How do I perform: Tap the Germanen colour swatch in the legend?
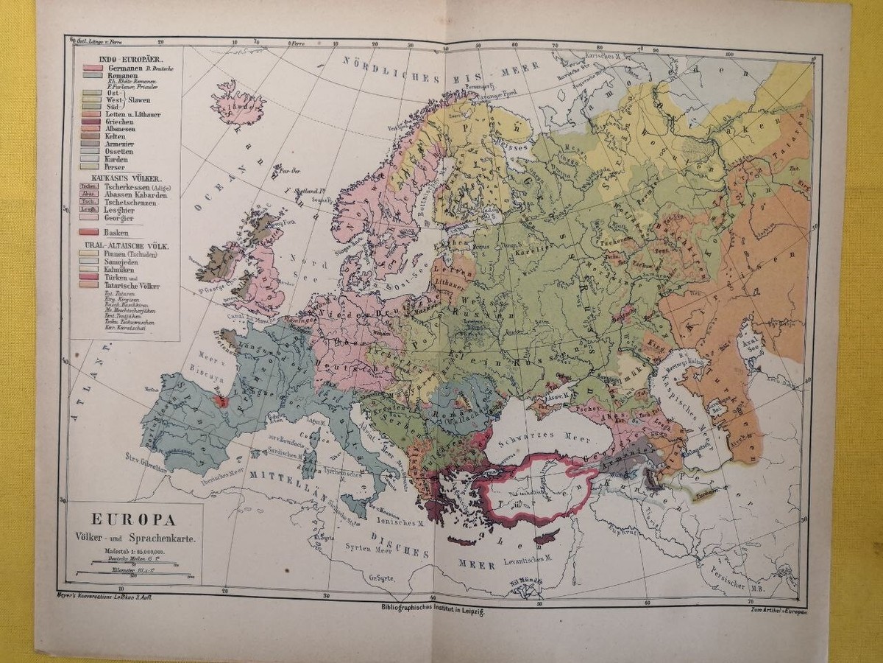click(91, 67)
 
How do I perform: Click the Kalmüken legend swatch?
click(91, 270)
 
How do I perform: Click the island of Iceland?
click(237, 103)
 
